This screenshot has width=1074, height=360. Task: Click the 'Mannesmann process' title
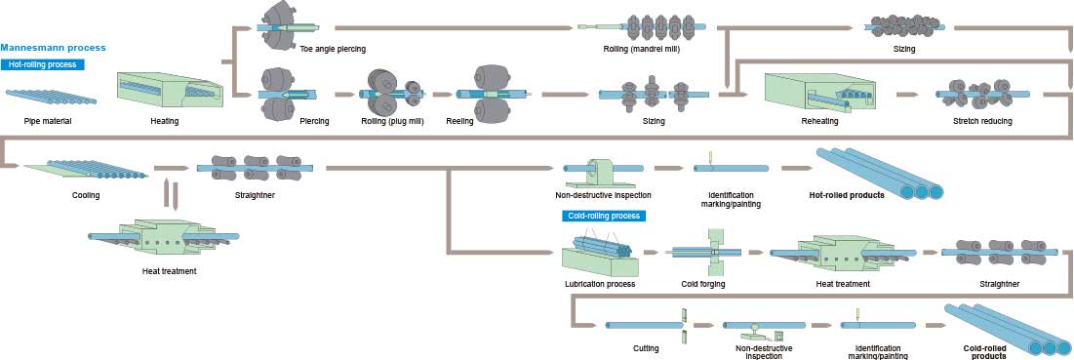tap(54, 47)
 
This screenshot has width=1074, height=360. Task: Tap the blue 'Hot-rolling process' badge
tap(43, 64)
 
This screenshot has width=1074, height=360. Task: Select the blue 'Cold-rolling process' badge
tap(596, 216)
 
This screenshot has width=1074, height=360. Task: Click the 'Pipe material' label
tap(49, 121)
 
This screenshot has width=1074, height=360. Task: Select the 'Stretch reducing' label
tap(982, 121)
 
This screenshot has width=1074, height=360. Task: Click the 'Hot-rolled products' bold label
tap(847, 195)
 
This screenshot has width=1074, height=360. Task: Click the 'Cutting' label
tap(646, 347)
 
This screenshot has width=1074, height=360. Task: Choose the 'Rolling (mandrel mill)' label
tap(641, 48)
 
